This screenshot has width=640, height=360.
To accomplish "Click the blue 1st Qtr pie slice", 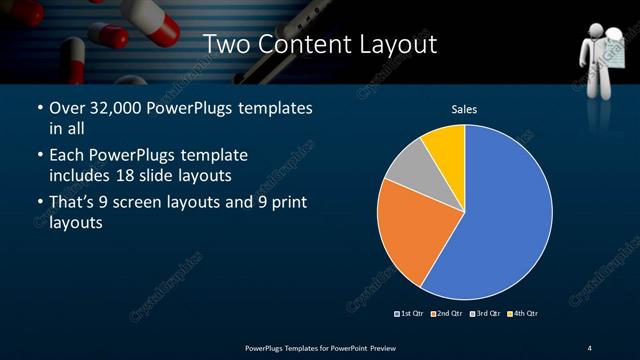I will pyautogui.click(x=500, y=220).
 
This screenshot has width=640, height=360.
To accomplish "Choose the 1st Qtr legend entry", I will pyautogui.click(x=411, y=314).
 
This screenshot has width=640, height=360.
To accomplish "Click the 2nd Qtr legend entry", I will pyautogui.click(x=447, y=314).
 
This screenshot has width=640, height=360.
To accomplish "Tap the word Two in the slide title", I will pyautogui.click(x=225, y=44).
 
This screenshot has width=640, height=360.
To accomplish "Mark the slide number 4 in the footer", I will pyautogui.click(x=589, y=347).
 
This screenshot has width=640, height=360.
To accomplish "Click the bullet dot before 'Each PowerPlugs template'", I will pyautogui.click(x=38, y=155).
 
